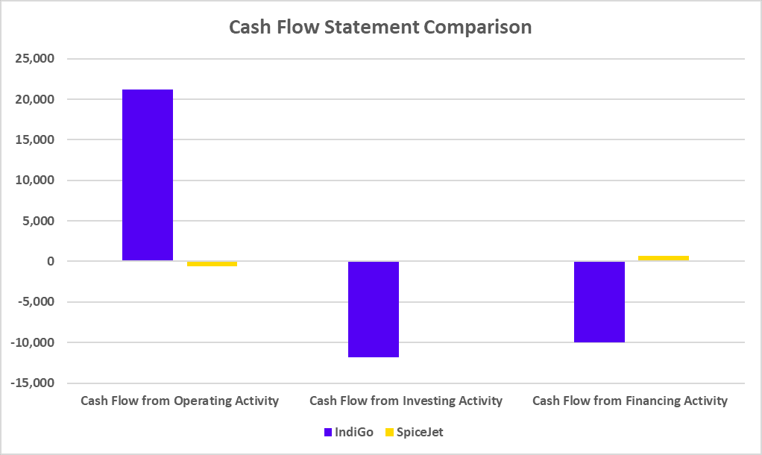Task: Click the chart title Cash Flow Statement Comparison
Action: (380, 28)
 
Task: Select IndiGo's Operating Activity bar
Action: (148, 175)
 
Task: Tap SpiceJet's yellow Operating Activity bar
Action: (212, 264)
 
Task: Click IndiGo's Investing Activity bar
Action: (373, 309)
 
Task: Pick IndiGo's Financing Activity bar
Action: (599, 301)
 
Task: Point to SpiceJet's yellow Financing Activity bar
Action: (663, 258)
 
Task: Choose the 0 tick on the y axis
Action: (50, 262)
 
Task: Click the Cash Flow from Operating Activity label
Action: (180, 401)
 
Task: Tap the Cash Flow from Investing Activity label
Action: (406, 401)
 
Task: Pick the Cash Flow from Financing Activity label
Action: (630, 401)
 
